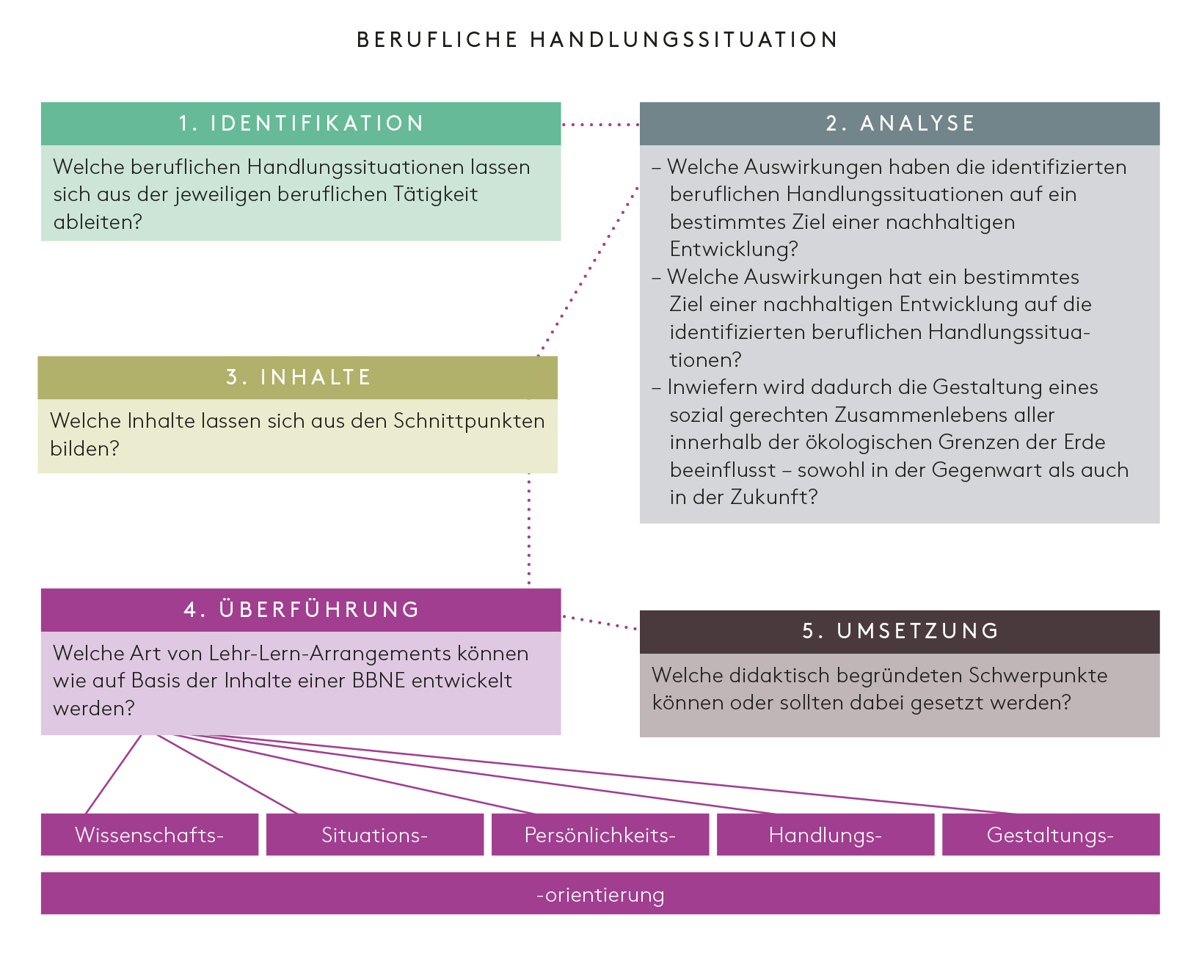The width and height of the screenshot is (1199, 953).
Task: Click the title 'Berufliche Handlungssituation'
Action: click(597, 40)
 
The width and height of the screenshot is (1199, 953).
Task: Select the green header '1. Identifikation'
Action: click(301, 123)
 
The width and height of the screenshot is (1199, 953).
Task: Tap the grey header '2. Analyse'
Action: click(900, 123)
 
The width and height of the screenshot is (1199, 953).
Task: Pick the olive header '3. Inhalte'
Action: click(298, 377)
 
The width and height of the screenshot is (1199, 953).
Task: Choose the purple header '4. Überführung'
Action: click(301, 610)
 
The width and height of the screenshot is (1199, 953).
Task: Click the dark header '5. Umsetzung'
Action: click(900, 631)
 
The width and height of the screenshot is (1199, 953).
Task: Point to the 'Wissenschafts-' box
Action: click(150, 835)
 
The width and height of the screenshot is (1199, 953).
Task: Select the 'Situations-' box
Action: click(374, 835)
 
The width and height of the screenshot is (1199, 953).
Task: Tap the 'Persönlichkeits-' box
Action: click(599, 835)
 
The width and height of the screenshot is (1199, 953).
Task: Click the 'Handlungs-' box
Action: click(825, 835)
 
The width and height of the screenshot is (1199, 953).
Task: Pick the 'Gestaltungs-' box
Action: click(1050, 835)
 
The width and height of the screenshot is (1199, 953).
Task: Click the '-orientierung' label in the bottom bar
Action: click(600, 894)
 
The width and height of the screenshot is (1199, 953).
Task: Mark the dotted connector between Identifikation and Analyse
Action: click(600, 125)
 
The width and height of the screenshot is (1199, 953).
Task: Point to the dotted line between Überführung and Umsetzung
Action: click(600, 623)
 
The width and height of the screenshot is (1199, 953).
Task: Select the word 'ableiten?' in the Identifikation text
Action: click(98, 222)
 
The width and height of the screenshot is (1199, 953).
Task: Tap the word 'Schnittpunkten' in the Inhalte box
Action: click(469, 421)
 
